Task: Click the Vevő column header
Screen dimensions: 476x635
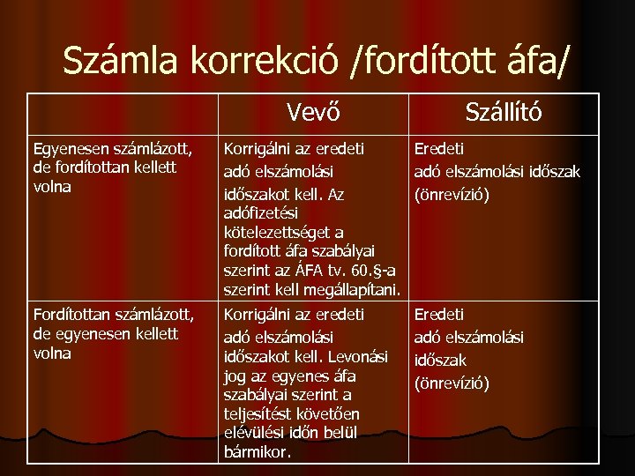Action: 313,112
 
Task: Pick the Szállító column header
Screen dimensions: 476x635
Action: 504,112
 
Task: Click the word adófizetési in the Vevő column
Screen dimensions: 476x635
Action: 262,213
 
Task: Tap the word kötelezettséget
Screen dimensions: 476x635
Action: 284,234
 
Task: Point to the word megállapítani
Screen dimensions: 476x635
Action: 357,290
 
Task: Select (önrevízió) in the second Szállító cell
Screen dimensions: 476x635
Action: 452,383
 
